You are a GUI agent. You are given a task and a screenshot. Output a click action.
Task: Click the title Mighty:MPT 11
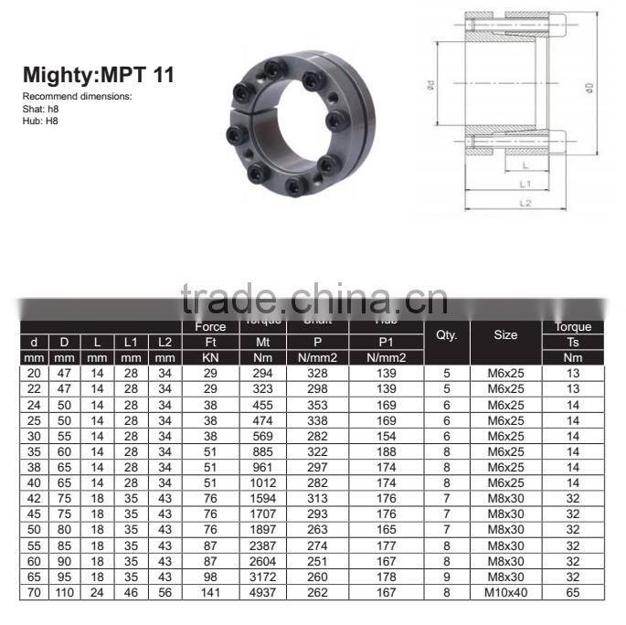tap(98, 75)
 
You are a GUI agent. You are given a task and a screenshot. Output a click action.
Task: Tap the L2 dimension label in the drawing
tap(525, 202)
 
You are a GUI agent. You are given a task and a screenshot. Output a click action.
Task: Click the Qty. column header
tap(447, 335)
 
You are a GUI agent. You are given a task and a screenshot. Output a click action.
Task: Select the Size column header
tap(505, 335)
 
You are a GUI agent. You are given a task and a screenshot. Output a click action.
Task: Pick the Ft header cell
tap(211, 343)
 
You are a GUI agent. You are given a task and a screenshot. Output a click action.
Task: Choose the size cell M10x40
tap(505, 592)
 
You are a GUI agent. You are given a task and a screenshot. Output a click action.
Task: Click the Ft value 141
tap(211, 592)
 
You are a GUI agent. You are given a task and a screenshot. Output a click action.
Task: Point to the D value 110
tap(65, 592)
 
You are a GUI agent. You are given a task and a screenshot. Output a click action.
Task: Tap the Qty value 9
tap(447, 577)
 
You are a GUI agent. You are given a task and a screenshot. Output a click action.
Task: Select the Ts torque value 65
tap(574, 592)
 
